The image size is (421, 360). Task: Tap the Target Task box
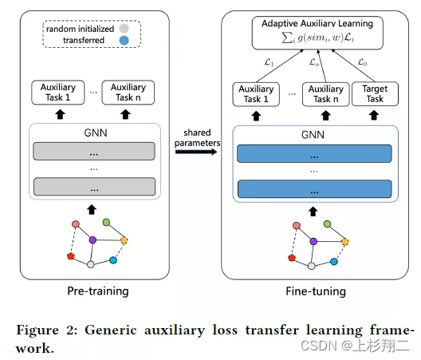[x=375, y=93]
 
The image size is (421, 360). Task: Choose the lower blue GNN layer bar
[x=313, y=189]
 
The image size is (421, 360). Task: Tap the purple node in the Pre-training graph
[x=92, y=239]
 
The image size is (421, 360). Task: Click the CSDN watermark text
[x=366, y=346]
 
